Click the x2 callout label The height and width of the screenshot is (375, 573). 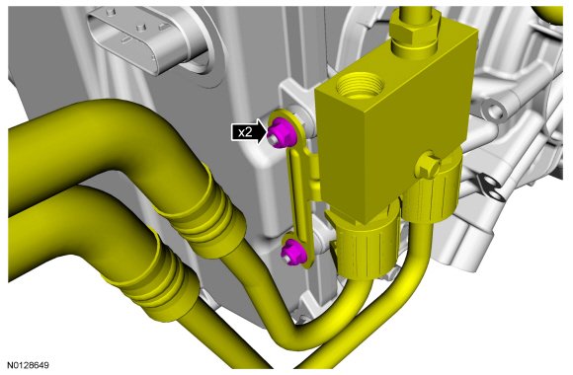click(x=245, y=132)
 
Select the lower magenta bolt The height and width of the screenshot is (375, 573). click(x=293, y=252)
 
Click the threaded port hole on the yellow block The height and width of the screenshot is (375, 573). click(x=360, y=86)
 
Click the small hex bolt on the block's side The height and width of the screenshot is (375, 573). click(x=428, y=166)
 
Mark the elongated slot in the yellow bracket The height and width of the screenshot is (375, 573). click(x=297, y=194)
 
